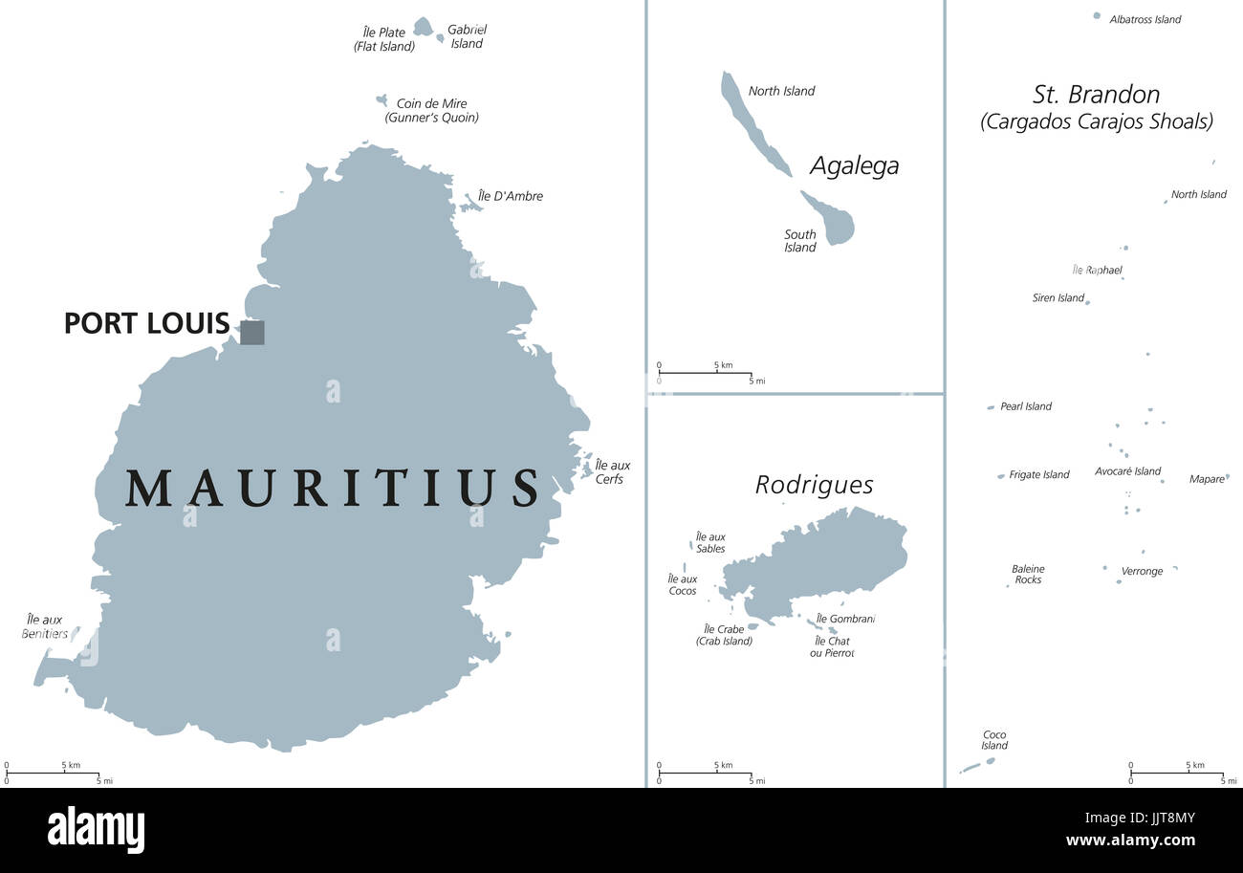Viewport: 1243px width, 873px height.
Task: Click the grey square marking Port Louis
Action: tap(251, 332)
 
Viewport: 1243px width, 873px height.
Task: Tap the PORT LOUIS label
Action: tap(146, 323)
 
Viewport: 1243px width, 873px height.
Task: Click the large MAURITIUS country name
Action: tap(332, 488)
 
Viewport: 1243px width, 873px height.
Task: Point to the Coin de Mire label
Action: tap(431, 110)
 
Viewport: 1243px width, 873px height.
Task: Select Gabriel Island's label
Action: tap(468, 36)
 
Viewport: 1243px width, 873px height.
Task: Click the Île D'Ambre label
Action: tap(511, 196)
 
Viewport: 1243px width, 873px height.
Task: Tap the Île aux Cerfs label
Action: tap(612, 471)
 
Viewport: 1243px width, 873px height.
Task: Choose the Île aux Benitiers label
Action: tap(45, 626)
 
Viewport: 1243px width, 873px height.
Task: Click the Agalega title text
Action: tap(854, 165)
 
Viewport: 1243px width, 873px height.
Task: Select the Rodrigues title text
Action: tap(814, 485)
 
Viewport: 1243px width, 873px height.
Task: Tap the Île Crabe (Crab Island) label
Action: tap(724, 635)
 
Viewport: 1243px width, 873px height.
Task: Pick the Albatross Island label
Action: tap(1145, 19)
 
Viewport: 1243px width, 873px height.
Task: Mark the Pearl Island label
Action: tap(1025, 406)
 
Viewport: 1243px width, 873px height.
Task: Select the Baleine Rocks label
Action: tap(1028, 574)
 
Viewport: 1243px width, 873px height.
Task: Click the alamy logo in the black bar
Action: tap(96, 829)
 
